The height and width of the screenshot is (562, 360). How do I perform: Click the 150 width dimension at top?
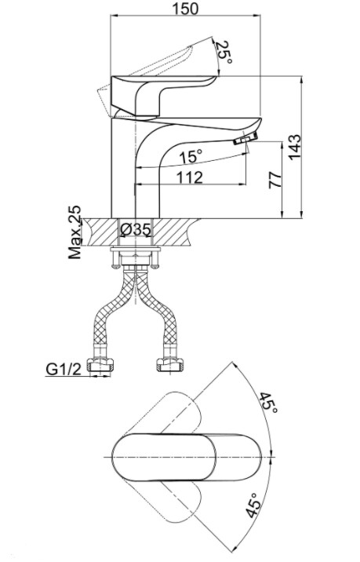(185, 9)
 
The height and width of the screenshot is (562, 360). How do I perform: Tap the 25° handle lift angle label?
(224, 52)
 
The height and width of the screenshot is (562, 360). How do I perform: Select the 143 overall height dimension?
(295, 148)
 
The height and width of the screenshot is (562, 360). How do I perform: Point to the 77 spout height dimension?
(275, 180)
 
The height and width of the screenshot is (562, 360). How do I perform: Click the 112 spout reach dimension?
(190, 177)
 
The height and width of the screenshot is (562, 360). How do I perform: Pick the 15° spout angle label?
(191, 156)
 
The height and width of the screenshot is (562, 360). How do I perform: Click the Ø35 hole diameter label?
(136, 229)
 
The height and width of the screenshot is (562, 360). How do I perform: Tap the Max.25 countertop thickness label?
(75, 232)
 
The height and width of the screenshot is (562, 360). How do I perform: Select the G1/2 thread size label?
(64, 368)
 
